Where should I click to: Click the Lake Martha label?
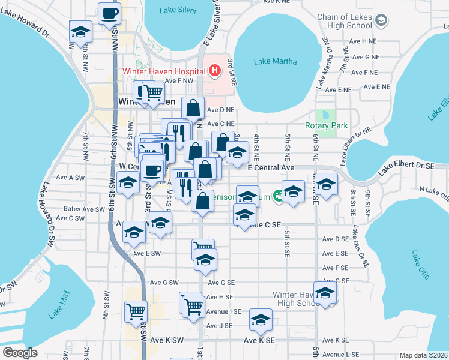270,61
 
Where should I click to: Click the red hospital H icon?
215,71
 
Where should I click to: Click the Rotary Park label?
327,125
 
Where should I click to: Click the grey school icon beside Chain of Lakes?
380,21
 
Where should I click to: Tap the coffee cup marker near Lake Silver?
109,14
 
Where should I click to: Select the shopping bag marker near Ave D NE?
193,108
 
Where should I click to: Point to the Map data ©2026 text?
424,355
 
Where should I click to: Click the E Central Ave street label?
272,169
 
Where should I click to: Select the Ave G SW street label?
164,283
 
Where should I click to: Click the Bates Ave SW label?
84,209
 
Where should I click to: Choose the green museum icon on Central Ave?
278,195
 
